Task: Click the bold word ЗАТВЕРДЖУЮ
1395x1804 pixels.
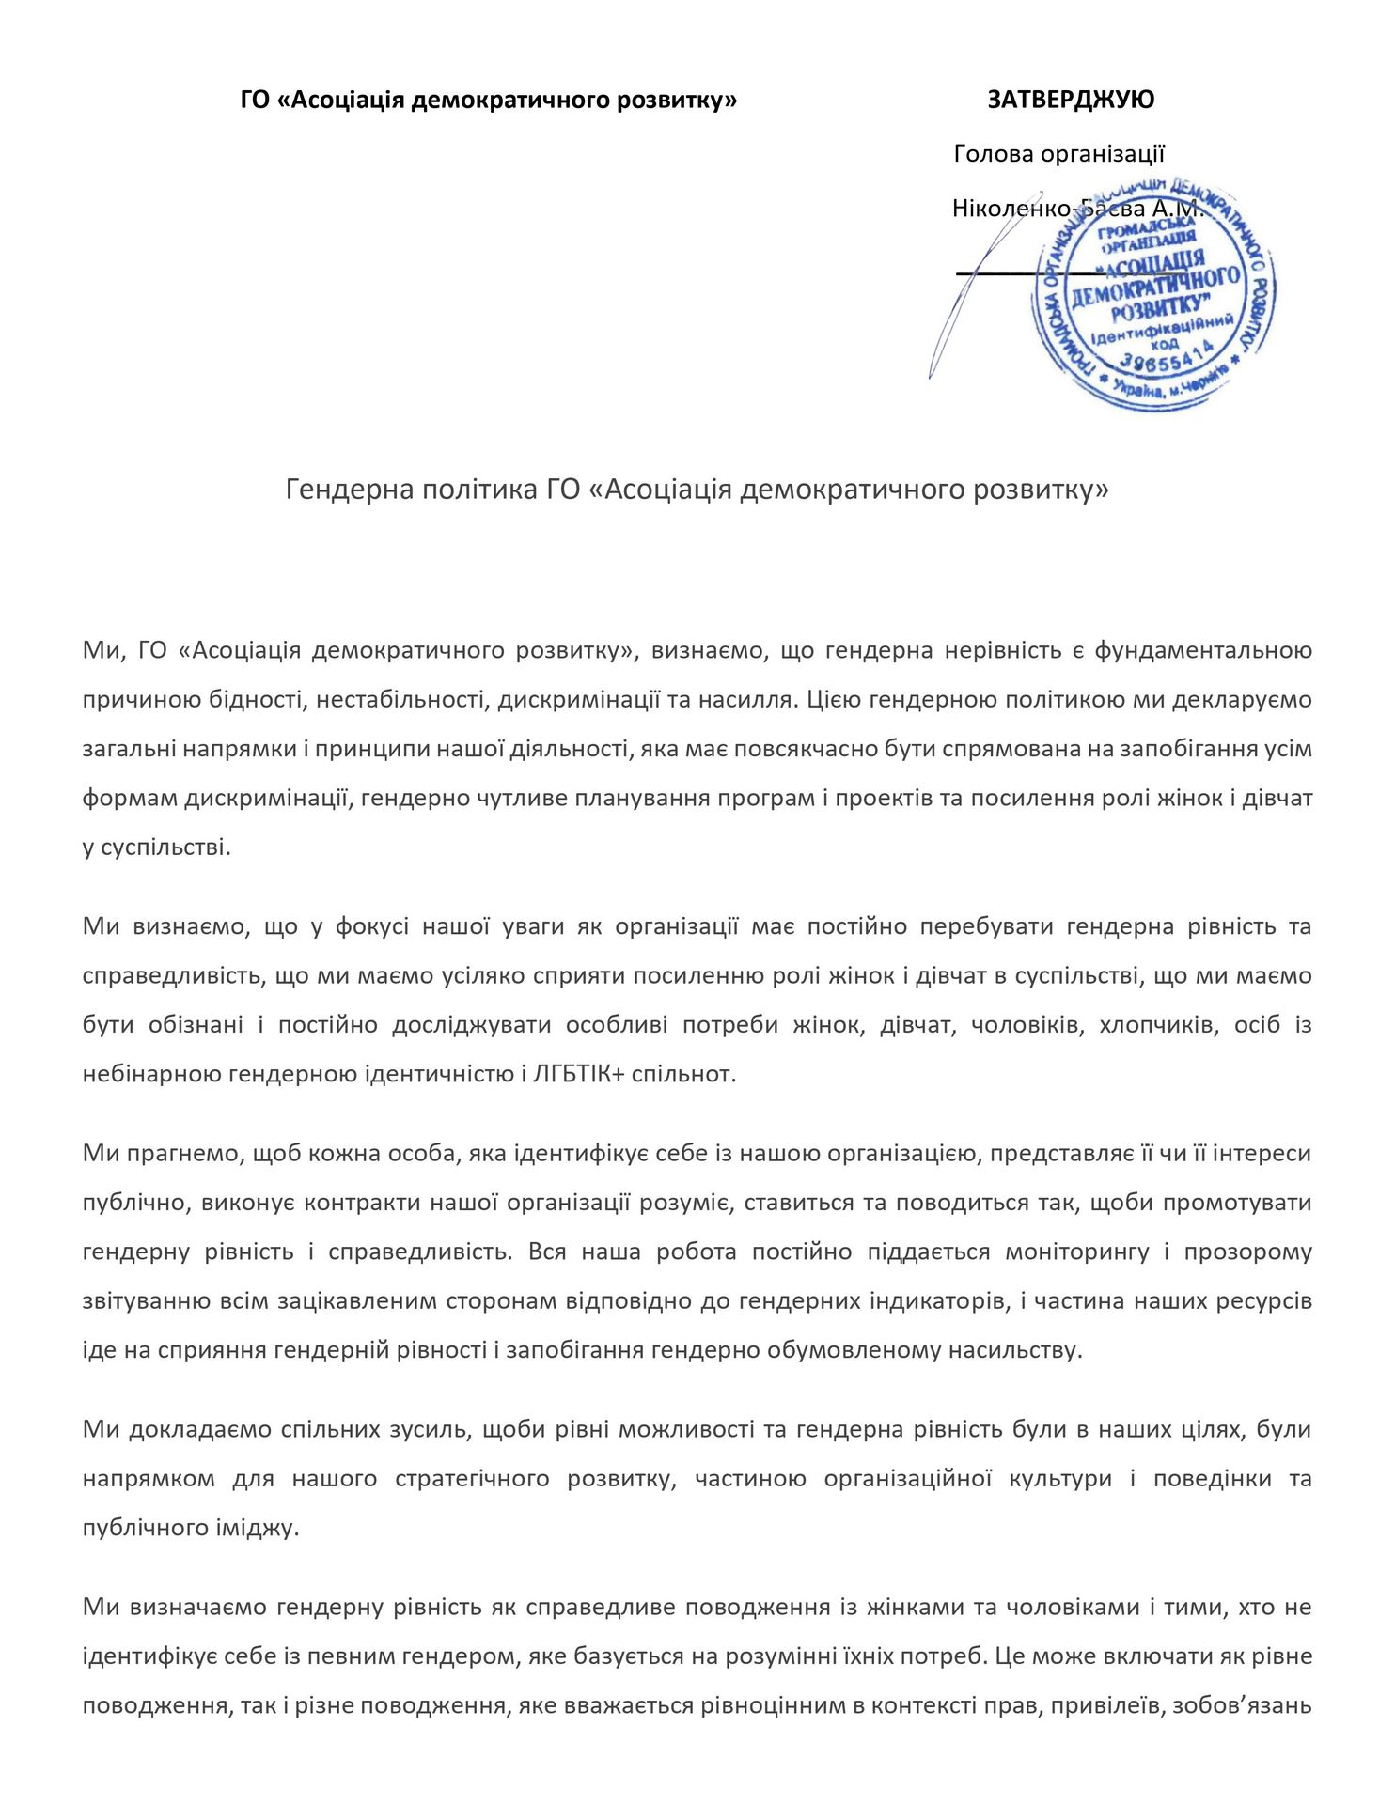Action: [x=1071, y=100]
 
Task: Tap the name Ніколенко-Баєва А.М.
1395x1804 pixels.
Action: [x=1077, y=208]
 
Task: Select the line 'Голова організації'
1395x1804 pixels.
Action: [x=1058, y=153]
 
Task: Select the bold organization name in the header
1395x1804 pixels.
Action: [x=489, y=100]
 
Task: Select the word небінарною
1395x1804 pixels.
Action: [x=150, y=1074]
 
